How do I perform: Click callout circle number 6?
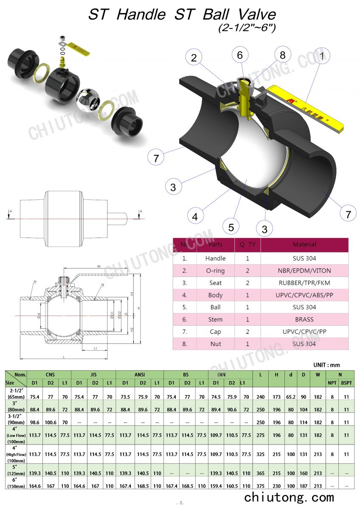240,56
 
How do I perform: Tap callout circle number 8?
283,55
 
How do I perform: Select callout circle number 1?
322,56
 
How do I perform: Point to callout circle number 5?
231,227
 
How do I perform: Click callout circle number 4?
195,217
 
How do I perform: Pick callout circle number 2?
194,58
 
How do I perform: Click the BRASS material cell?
304,319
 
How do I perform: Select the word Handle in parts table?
215,258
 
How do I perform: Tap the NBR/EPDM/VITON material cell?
304,271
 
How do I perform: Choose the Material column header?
304,244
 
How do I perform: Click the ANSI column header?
140,375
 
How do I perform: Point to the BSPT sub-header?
346,383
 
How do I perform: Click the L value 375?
260,486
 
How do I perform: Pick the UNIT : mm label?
326,365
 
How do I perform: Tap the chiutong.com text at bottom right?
289,497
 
